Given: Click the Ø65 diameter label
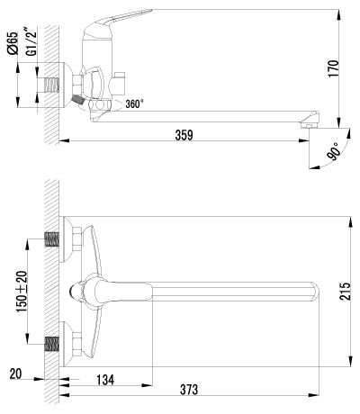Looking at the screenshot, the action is pos(13,43).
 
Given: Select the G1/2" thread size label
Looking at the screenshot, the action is pos(31,41).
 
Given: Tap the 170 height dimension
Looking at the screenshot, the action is pos(334,68).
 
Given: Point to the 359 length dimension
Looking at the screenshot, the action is pos(184,135).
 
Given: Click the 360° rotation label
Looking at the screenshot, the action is pos(134,104).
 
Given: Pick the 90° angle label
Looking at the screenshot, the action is pos(334,151).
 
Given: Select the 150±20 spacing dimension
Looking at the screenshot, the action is pos(22,292).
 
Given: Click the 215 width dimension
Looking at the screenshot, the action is pos(345,291).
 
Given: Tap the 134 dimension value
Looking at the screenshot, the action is pos(105,380).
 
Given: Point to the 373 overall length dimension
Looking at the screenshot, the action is pos(189,390).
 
